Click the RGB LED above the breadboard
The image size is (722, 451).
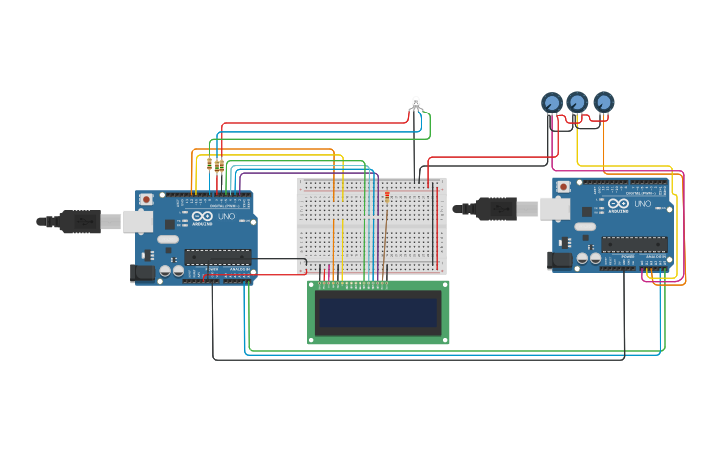(x=416, y=103)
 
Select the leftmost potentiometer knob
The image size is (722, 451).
(x=552, y=102)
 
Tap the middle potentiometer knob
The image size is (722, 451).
(x=577, y=102)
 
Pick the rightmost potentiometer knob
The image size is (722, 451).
(x=602, y=102)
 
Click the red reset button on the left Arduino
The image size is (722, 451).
(x=147, y=200)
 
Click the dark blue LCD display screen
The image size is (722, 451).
(x=378, y=313)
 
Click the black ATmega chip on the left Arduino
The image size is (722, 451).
(x=217, y=257)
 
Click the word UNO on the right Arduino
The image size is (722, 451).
(x=642, y=204)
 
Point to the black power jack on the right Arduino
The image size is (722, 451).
(x=560, y=260)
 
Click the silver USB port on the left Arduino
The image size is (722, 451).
(x=138, y=221)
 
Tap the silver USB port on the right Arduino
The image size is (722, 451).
(x=555, y=209)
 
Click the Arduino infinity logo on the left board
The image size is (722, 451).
(x=203, y=216)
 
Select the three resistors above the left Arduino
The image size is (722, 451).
(x=213, y=164)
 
